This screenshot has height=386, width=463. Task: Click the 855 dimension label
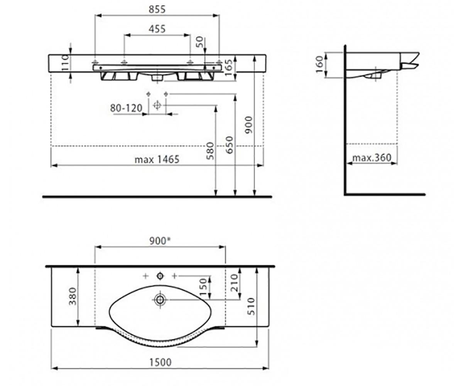(x=157, y=9)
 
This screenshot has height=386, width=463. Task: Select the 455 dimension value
(x=157, y=29)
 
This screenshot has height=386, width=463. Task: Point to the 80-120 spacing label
(x=126, y=108)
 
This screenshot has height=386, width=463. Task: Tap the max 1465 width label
(x=157, y=159)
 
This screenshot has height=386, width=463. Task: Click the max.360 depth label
(x=372, y=158)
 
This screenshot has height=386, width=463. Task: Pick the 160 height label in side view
(x=320, y=64)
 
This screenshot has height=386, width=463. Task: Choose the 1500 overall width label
(x=161, y=362)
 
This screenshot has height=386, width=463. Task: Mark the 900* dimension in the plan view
(x=161, y=241)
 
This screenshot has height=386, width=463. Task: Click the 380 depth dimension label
(x=73, y=296)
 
